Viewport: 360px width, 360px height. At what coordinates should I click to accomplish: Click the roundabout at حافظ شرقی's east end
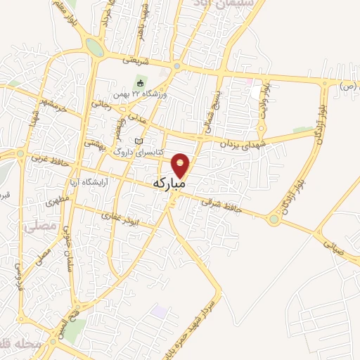point(274,220)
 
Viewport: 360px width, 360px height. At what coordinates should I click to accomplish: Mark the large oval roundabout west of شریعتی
point(94,47)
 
